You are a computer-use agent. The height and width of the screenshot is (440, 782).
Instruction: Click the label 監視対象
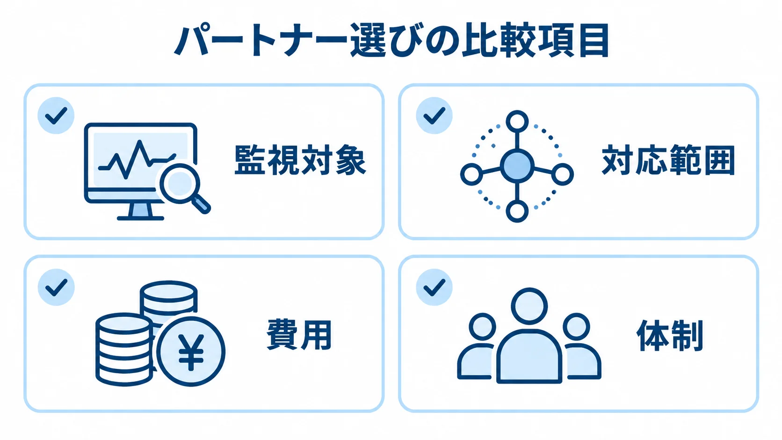pyautogui.click(x=300, y=160)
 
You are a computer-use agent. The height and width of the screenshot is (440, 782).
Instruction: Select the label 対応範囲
pyautogui.click(x=668, y=160)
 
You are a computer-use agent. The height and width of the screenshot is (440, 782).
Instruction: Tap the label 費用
pyautogui.click(x=299, y=334)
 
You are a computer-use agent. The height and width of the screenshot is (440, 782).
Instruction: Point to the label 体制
pyautogui.click(x=670, y=335)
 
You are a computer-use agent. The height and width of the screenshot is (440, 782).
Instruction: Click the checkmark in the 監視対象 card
pyautogui.click(x=56, y=115)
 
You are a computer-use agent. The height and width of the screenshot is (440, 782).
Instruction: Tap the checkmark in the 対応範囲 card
pyautogui.click(x=434, y=115)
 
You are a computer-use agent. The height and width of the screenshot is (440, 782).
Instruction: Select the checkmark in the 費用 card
pyautogui.click(x=56, y=287)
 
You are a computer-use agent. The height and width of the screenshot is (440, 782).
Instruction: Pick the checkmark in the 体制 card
pyautogui.click(x=434, y=287)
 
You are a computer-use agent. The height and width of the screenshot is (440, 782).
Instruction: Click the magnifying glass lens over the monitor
pyautogui.click(x=180, y=184)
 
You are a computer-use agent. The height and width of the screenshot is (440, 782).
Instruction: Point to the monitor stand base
pyautogui.click(x=140, y=218)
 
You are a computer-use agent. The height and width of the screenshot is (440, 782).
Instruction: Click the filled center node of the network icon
pyautogui.click(x=517, y=166)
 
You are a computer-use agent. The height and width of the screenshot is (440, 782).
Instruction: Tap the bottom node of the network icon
pyautogui.click(x=517, y=211)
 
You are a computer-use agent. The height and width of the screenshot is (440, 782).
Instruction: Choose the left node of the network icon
pyautogui.click(x=471, y=174)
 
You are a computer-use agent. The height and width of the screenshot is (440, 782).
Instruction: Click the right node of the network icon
pyautogui.click(x=562, y=174)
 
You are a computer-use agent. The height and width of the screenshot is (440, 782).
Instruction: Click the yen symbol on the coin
pyautogui.click(x=191, y=352)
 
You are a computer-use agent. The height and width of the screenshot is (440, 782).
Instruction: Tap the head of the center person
pyautogui.click(x=529, y=306)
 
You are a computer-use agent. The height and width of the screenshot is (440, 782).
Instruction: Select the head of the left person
pyautogui.click(x=482, y=327)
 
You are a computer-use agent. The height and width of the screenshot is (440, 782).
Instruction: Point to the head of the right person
pyautogui.click(x=576, y=327)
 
